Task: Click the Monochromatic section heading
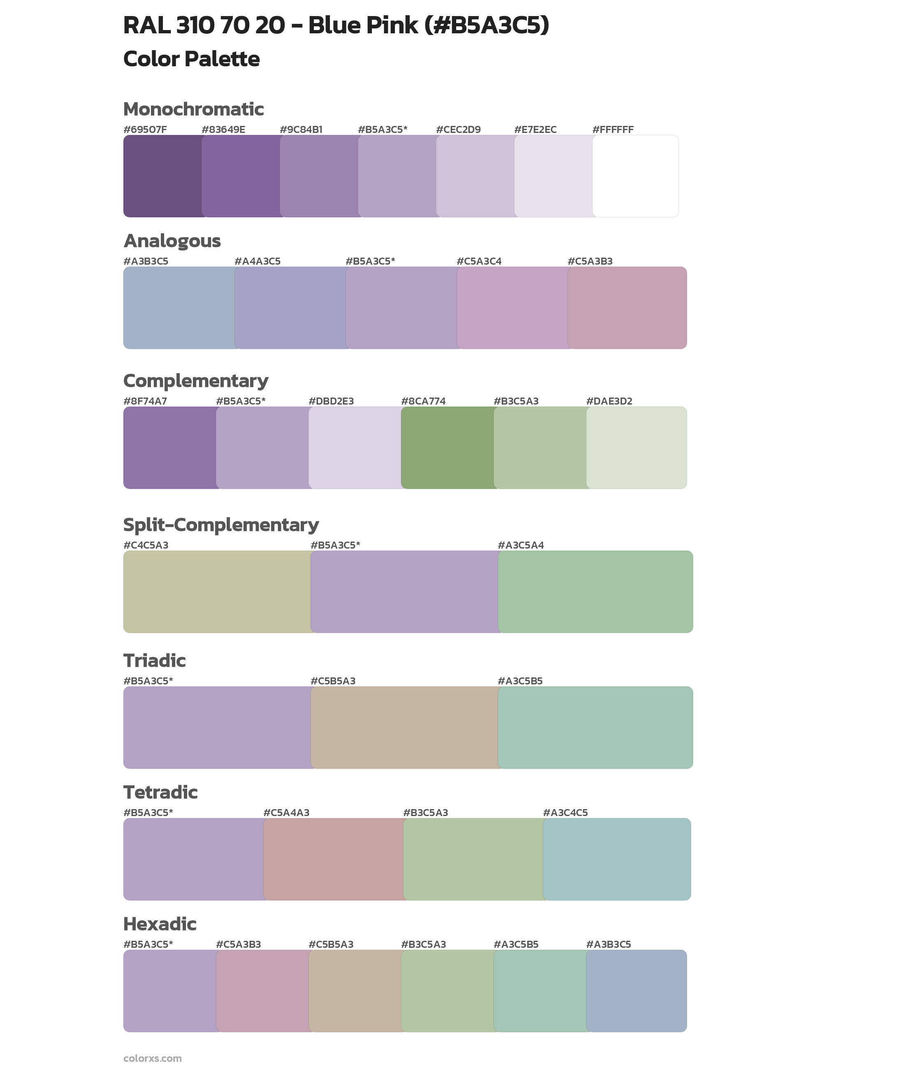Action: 193,109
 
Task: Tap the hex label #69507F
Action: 145,129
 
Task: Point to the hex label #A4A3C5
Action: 257,261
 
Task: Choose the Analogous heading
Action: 172,241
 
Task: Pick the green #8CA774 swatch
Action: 448,447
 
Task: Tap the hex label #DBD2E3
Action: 331,401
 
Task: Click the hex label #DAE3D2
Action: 609,401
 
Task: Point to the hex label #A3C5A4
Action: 520,545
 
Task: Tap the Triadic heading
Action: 154,661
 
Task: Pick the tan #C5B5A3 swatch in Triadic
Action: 404,727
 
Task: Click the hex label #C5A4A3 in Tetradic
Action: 286,812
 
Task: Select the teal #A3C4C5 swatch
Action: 617,859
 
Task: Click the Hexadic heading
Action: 160,924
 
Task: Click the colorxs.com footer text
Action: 152,1058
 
